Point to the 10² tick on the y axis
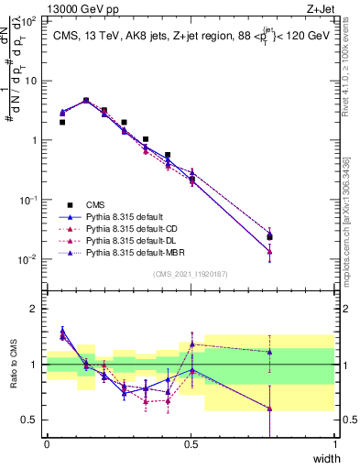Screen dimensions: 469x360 (x=30, y=21)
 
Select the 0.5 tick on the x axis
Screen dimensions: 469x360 (x=191, y=444)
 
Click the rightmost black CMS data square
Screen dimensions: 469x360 (x=269, y=236)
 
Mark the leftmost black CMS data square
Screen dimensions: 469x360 (x=62, y=122)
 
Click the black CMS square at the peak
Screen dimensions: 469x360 (x=86, y=101)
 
